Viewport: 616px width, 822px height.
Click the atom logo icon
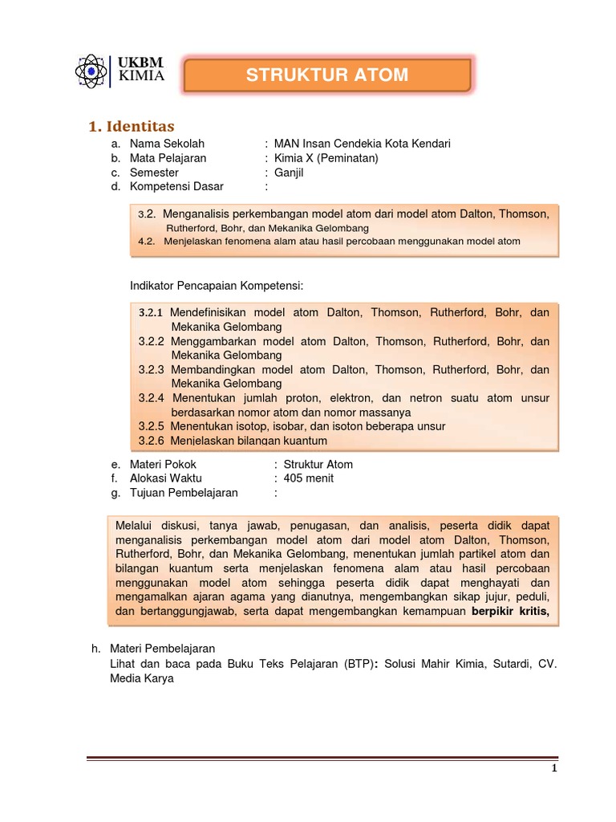[x=93, y=71]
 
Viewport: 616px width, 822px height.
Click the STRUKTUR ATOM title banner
[x=327, y=75]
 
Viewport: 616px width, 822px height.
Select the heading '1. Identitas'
[x=131, y=126]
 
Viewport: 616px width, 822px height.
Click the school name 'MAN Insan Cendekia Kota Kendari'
[x=362, y=144]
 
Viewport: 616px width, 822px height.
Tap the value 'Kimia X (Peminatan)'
[x=326, y=158]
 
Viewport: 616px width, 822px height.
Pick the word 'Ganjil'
[x=290, y=173]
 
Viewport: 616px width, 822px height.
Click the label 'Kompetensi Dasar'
[x=176, y=187]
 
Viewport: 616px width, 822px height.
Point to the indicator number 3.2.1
[x=150, y=312]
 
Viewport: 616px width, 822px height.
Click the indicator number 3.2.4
[x=151, y=398]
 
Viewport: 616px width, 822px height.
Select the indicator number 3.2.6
[x=151, y=441]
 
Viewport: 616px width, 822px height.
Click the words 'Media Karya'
[x=142, y=678]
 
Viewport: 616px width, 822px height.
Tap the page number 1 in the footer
[x=553, y=768]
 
